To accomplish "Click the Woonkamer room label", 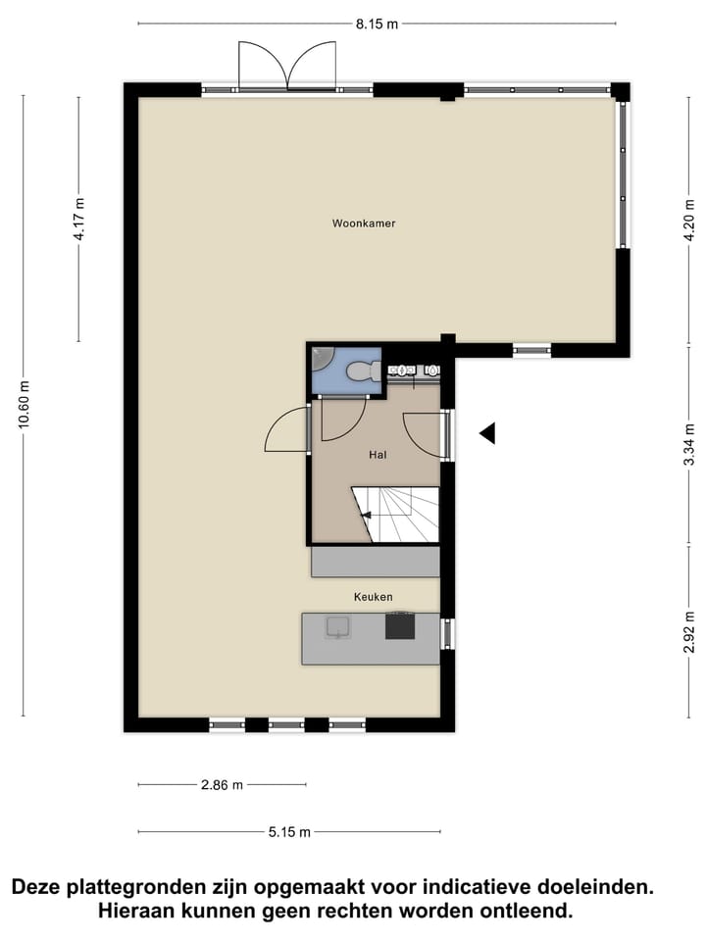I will click(364, 223).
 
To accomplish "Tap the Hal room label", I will click(378, 455).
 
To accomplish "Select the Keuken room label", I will click(374, 596).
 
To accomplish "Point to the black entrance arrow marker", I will click(486, 432).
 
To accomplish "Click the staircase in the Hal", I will click(398, 515).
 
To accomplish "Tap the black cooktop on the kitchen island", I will click(400, 625).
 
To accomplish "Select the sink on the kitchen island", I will click(338, 627).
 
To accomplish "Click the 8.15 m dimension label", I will click(377, 24).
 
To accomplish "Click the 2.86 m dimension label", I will click(222, 785).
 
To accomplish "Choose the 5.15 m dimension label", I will click(289, 832).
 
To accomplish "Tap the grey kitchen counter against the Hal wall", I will click(375, 562).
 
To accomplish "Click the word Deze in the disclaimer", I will click(36, 888).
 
